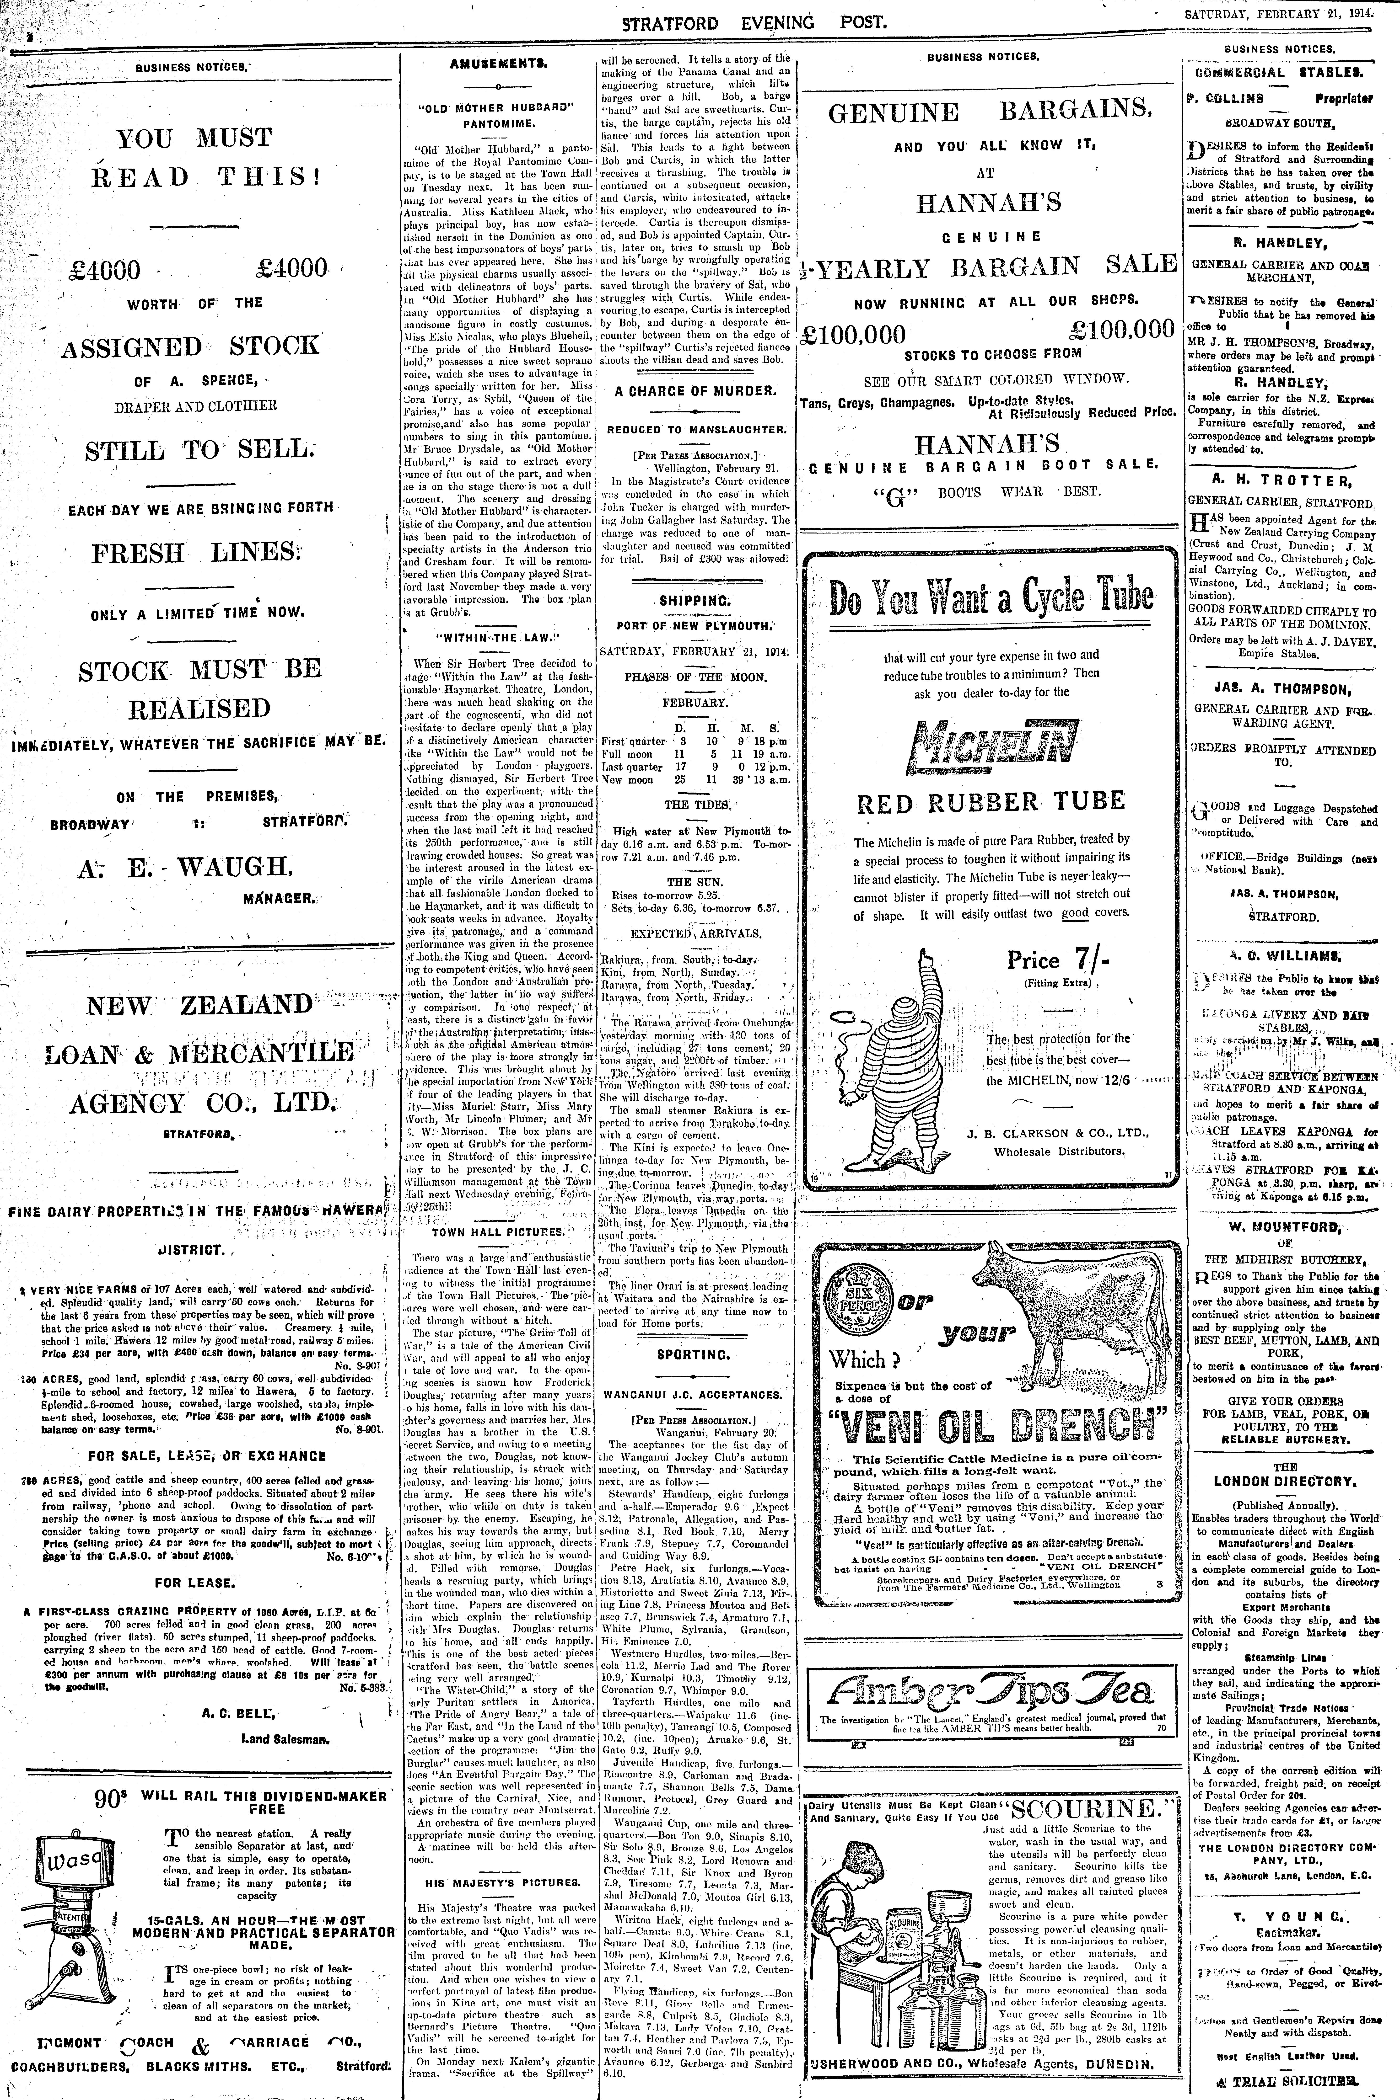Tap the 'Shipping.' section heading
(694, 601)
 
